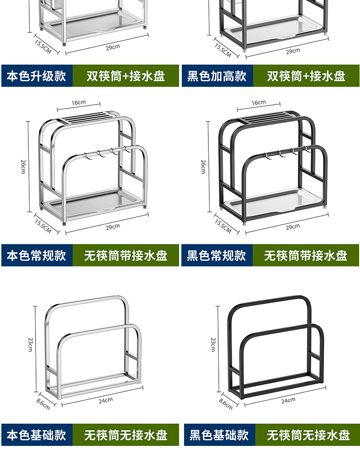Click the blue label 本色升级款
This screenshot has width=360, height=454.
click(x=36, y=76)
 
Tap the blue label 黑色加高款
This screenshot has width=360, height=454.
click(x=217, y=76)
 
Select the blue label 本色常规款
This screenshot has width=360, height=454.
click(x=36, y=256)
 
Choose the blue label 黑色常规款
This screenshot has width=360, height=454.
click(x=216, y=256)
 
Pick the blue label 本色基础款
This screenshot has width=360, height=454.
click(x=36, y=435)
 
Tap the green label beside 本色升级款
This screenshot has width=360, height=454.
click(x=126, y=76)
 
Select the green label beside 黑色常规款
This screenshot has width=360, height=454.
click(x=306, y=256)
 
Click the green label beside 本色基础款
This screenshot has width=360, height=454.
click(x=126, y=435)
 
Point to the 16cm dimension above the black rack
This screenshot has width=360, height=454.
click(x=258, y=103)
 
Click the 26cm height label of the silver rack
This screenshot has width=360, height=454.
click(x=23, y=166)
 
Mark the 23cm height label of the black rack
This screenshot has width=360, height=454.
click(x=213, y=344)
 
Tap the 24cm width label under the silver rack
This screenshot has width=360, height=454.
click(x=106, y=400)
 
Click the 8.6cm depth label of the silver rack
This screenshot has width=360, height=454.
click(x=43, y=404)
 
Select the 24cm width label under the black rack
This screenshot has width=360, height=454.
click(x=288, y=400)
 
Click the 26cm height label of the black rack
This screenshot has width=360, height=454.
click(x=203, y=166)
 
